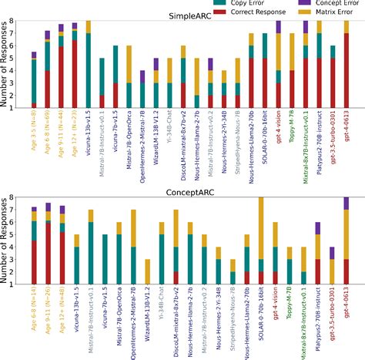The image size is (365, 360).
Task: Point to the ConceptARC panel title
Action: click(192, 190)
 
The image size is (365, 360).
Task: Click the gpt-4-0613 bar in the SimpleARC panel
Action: click(346, 69)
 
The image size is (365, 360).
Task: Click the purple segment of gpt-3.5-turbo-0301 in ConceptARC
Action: click(332, 253)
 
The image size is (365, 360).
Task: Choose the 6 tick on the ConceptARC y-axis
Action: click(17, 222)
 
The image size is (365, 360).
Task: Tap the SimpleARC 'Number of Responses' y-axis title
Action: click(6, 68)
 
